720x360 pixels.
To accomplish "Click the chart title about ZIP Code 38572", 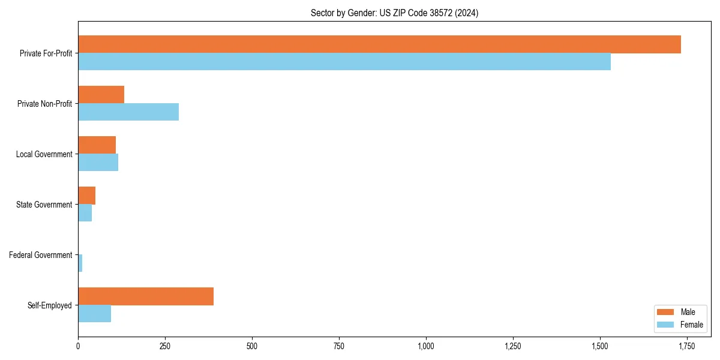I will [394, 13].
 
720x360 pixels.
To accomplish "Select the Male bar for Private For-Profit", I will [379, 44].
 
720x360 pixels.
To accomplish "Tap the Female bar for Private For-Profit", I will [344, 62].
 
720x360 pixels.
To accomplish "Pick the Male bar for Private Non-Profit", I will [101, 95].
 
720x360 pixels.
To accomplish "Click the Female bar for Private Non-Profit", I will [128, 112].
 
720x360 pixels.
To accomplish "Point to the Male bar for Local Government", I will [97, 145].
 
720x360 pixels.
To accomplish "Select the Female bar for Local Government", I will [98, 163].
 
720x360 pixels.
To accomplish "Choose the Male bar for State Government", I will [86, 196].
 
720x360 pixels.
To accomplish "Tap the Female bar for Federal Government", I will [80, 263].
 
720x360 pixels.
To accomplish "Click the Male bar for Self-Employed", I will [146, 296].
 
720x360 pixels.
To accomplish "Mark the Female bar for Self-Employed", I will [94, 314].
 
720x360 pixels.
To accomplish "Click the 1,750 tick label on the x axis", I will [686, 346].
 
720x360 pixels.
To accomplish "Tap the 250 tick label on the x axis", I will [165, 346].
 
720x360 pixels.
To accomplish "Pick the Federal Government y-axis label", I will [41, 255].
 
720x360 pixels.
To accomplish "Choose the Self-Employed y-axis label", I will [50, 305].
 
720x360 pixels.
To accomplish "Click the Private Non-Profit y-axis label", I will [44, 104].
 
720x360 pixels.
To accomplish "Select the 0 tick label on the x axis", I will [78, 346].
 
